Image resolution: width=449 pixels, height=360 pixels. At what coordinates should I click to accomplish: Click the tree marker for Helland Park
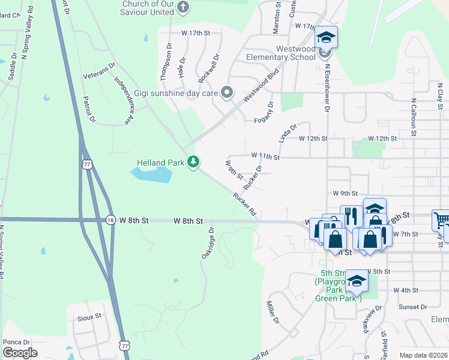coord(193,162)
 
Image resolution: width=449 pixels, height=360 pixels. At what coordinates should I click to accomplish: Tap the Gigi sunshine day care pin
coord(227,92)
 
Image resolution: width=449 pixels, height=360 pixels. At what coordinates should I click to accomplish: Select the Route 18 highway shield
coord(110,220)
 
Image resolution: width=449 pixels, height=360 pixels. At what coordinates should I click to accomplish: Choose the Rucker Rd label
coord(245,204)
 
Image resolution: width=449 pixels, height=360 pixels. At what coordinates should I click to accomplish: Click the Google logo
coord(20,352)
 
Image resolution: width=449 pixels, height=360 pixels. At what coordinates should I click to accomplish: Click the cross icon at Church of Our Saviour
coord(183,8)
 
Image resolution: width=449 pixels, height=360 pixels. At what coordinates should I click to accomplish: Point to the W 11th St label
coord(265,157)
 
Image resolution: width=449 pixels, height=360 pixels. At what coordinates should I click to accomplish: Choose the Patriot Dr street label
coord(89,109)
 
